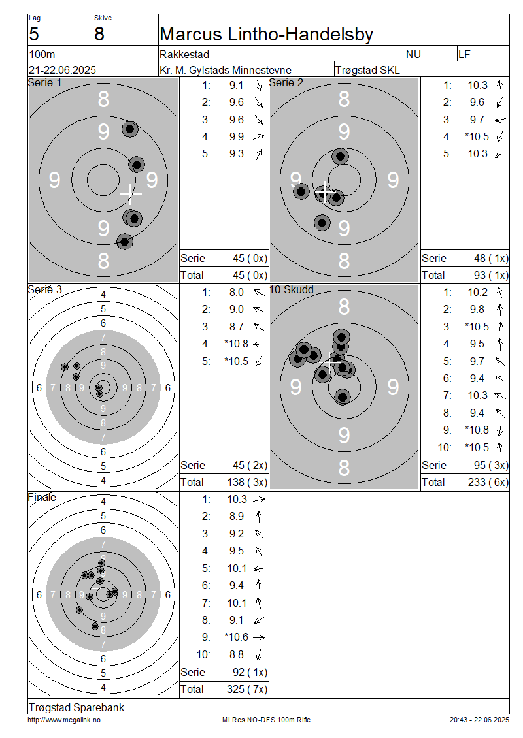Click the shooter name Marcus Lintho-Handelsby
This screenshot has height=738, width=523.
click(x=266, y=35)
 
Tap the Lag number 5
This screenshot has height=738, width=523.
click(x=34, y=35)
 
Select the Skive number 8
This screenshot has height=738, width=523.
click(x=99, y=35)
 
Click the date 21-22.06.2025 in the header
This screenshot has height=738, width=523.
click(x=62, y=70)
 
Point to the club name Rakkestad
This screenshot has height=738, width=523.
click(x=184, y=55)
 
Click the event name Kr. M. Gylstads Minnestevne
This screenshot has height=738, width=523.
click(x=226, y=70)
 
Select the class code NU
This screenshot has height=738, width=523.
click(x=413, y=55)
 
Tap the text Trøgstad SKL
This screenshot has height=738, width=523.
click(x=367, y=70)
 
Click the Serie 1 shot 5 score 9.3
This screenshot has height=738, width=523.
click(x=237, y=154)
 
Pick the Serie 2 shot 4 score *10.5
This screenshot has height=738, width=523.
click(x=477, y=136)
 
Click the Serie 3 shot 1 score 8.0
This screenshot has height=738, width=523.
click(x=237, y=293)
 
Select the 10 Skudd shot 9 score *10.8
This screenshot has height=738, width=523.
click(x=477, y=430)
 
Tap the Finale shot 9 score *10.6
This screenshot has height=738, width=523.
click(x=236, y=637)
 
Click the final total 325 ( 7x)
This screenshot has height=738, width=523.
click(x=247, y=690)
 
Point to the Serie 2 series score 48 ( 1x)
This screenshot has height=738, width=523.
click(x=491, y=259)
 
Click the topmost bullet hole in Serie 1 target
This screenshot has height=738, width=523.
click(x=130, y=129)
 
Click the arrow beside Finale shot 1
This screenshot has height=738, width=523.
click(x=259, y=500)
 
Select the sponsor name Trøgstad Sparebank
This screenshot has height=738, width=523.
click(x=76, y=707)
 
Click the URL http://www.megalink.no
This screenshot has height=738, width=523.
click(x=64, y=720)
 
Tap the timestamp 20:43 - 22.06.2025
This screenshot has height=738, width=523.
click(x=479, y=720)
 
